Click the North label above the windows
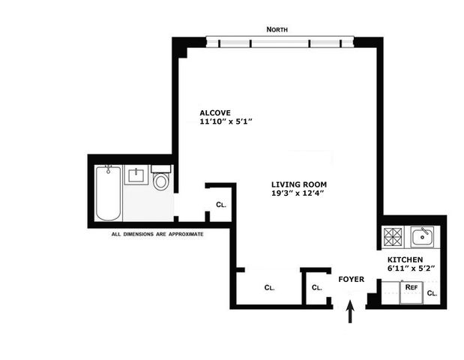pyautogui.click(x=277, y=29)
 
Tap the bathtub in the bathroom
pyautogui.click(x=108, y=193)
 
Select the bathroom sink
pyautogui.click(x=136, y=175)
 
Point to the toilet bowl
pyautogui.click(x=161, y=181)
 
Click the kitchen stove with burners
pyautogui.click(x=393, y=237)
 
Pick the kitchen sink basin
pyautogui.click(x=422, y=237)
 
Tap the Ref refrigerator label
pyautogui.click(x=412, y=287)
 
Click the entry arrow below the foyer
pyautogui.click(x=350, y=311)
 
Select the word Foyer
pyautogui.click(x=352, y=279)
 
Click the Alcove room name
pyautogui.click(x=215, y=112)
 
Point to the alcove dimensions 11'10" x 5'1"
pyautogui.click(x=226, y=121)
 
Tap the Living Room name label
pyautogui.click(x=299, y=184)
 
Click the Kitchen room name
pyautogui.click(x=405, y=259)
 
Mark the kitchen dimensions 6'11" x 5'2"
pyautogui.click(x=412, y=268)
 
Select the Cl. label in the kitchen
pyautogui.click(x=432, y=293)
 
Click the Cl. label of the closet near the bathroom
pyautogui.click(x=221, y=205)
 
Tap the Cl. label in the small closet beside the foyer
pyautogui.click(x=317, y=287)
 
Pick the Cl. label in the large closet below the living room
pyautogui.click(x=270, y=287)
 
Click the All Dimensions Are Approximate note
pyautogui.click(x=157, y=234)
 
